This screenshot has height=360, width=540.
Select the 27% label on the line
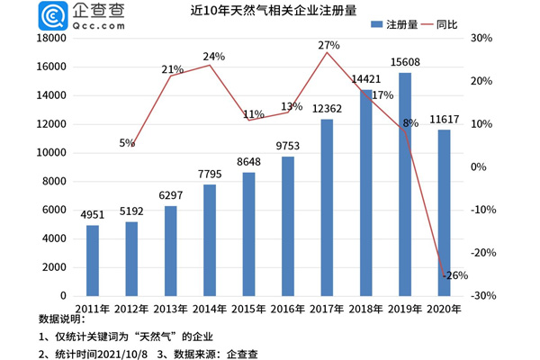click(328, 44)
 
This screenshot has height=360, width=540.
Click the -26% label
click(454, 275)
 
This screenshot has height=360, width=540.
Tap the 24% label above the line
click(214, 56)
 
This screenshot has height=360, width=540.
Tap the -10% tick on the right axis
click(483, 210)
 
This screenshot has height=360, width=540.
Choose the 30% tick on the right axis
click(481, 39)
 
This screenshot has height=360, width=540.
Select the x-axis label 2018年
click(365, 308)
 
